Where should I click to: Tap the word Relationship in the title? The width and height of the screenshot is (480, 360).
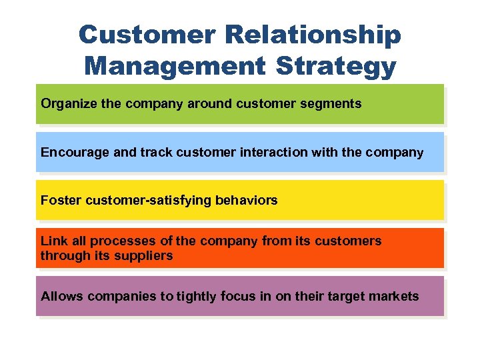[x=316, y=35]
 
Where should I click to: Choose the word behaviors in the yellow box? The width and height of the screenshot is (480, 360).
[x=246, y=200]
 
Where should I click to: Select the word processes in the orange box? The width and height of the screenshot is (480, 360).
[x=118, y=241]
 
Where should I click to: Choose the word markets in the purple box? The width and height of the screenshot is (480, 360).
[x=395, y=296]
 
